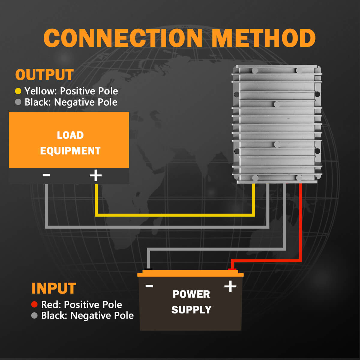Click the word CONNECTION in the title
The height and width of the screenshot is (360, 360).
pyautogui.click(x=123, y=38)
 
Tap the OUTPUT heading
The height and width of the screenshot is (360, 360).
pyautogui.click(x=44, y=75)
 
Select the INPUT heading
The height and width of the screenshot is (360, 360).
pyautogui.click(x=54, y=288)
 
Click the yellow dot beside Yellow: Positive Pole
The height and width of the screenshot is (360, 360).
pyautogui.click(x=18, y=91)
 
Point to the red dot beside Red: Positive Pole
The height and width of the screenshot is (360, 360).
pyautogui.click(x=34, y=304)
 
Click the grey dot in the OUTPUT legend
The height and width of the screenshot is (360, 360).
pyautogui.click(x=18, y=102)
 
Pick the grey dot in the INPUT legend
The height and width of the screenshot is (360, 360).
pyautogui.click(x=34, y=316)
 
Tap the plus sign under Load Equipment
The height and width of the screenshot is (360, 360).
pyautogui.click(x=96, y=175)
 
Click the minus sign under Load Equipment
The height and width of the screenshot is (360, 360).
pyautogui.click(x=46, y=175)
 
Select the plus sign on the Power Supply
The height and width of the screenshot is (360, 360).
pyautogui.click(x=230, y=286)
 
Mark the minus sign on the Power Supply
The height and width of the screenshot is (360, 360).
pyautogui.click(x=149, y=286)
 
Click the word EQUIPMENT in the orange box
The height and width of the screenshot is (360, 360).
pyautogui.click(x=70, y=151)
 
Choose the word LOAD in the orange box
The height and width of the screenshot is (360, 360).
pyautogui.click(x=70, y=135)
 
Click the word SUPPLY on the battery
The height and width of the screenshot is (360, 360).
pyautogui.click(x=191, y=310)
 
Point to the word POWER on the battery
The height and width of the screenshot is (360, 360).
pyautogui.click(x=191, y=294)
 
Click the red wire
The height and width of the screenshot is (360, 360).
pyautogui.click(x=300, y=222)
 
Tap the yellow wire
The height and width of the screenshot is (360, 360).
pyautogui.click(x=174, y=215)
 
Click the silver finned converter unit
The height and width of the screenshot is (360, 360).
pyautogui.click(x=277, y=123)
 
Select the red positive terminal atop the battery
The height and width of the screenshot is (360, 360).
pyautogui.click(x=232, y=269)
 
